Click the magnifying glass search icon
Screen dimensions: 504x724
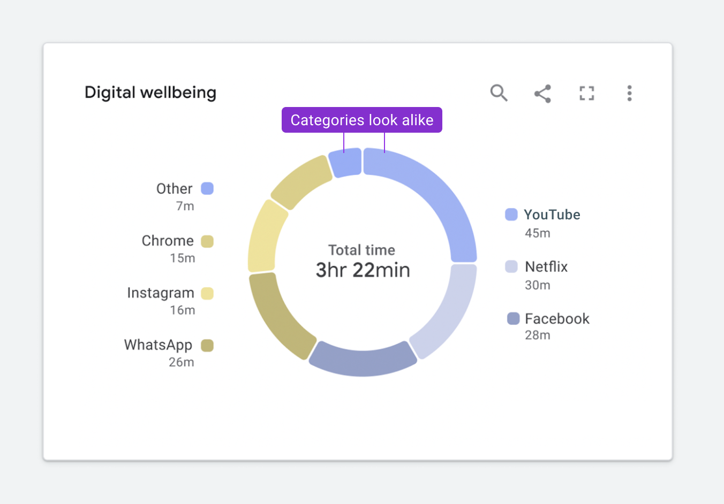(x=499, y=93)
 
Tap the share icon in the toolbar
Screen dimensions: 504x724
(x=542, y=94)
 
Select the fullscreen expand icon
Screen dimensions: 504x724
(x=587, y=94)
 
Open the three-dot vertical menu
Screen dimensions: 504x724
(x=629, y=93)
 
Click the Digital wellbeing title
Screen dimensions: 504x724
(x=150, y=93)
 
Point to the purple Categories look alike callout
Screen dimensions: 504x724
(x=362, y=120)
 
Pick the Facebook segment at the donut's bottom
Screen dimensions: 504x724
(x=363, y=359)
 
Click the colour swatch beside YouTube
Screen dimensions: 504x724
(x=511, y=215)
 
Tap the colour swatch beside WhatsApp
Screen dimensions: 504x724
(x=207, y=345)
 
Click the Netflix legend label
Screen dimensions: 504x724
(x=546, y=266)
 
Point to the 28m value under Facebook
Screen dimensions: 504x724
(x=538, y=335)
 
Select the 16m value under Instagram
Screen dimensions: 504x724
(x=183, y=310)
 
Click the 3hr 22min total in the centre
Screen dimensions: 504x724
(x=363, y=270)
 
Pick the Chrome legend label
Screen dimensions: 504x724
(x=168, y=241)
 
